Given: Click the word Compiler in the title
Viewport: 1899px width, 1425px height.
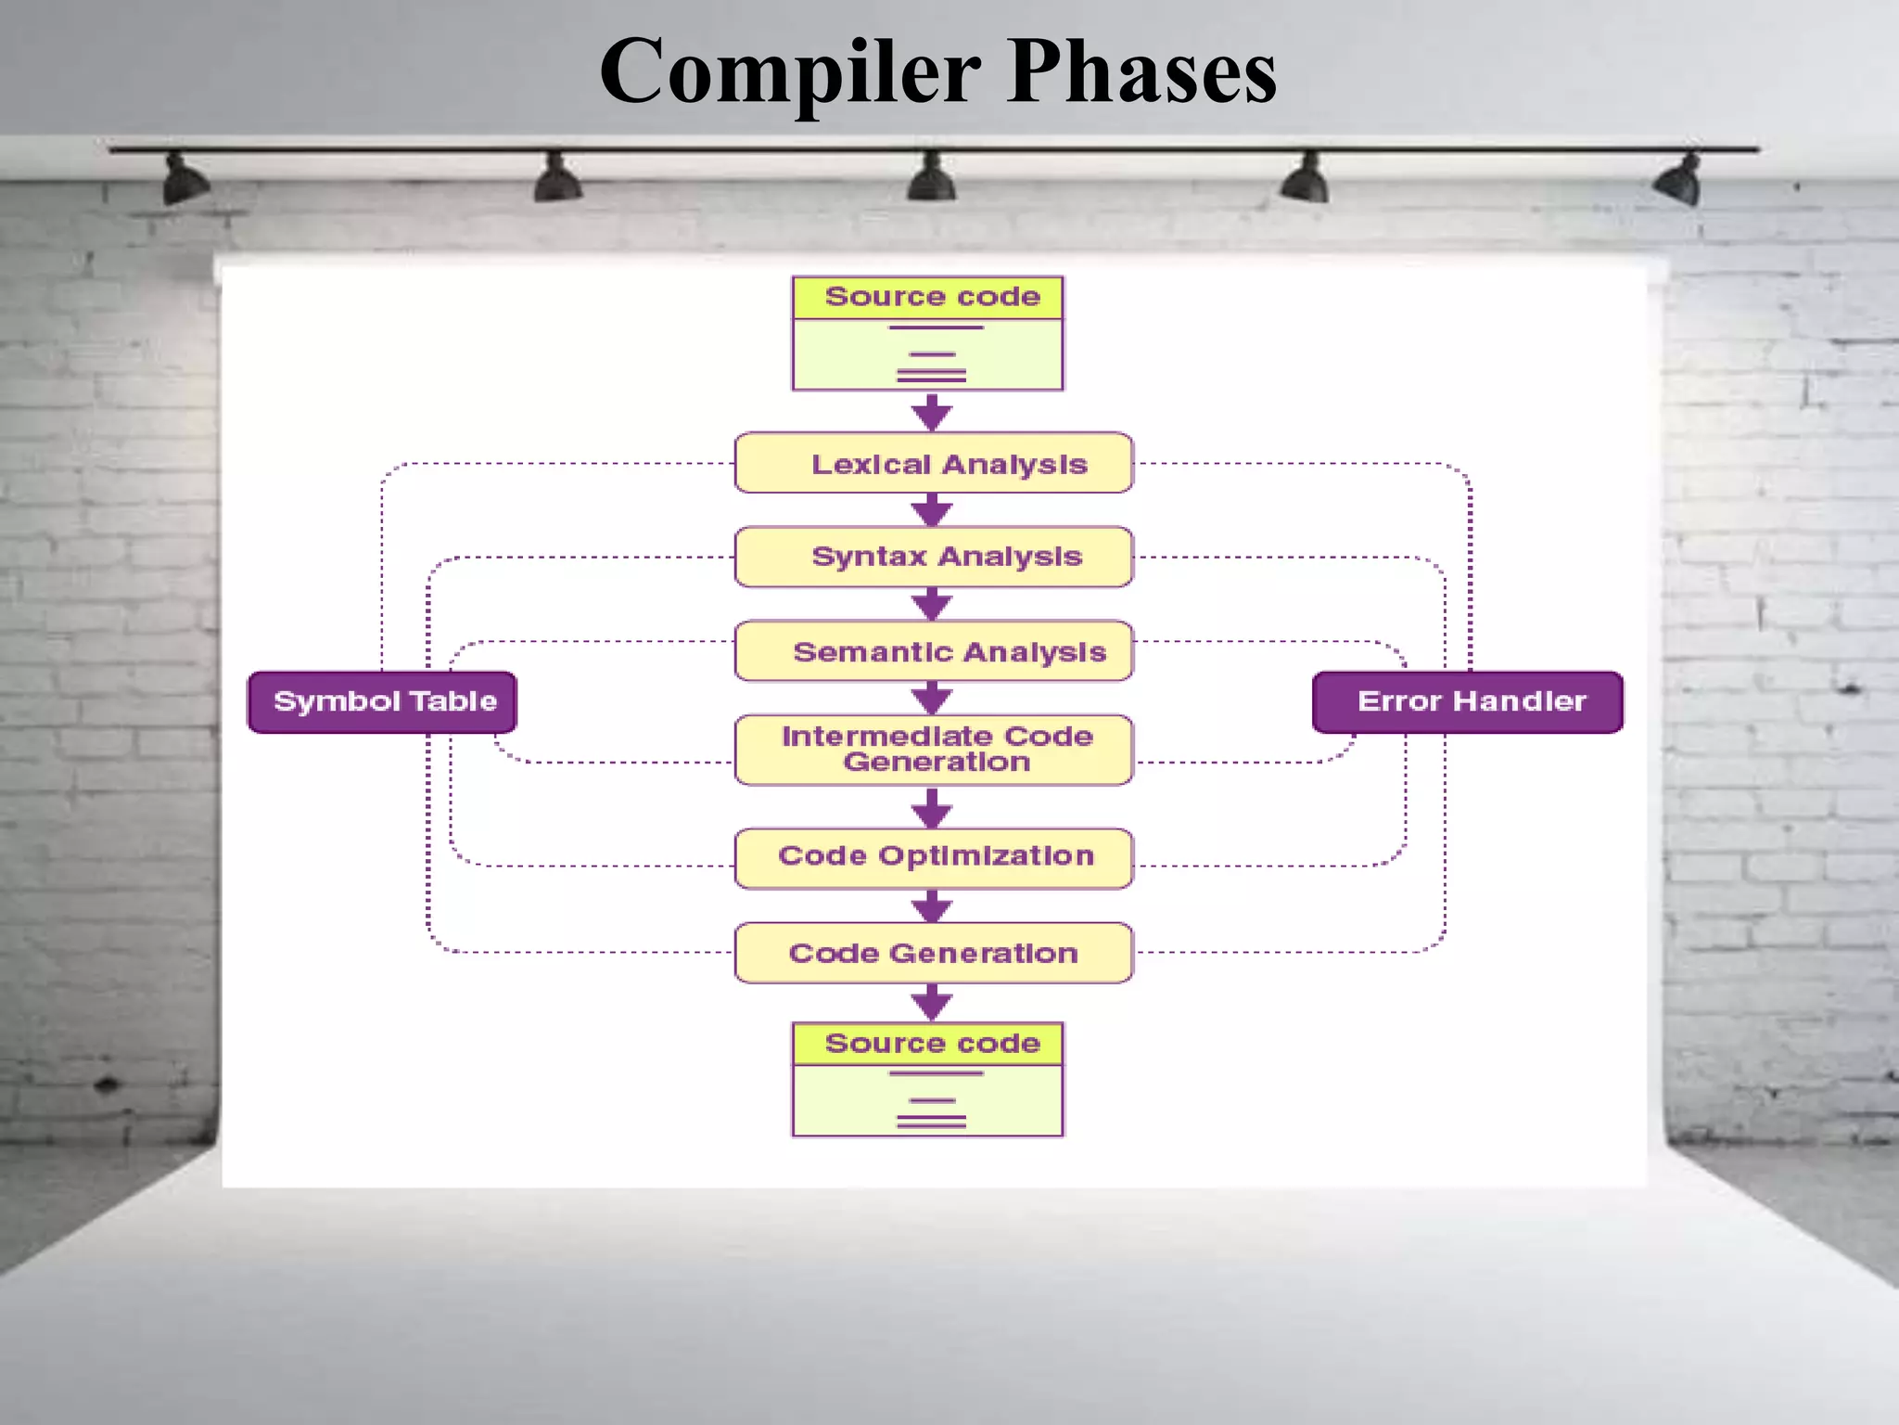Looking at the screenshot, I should [789, 72].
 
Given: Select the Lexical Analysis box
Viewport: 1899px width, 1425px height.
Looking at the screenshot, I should [933, 463].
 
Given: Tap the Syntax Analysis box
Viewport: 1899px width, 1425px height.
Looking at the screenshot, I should [933, 557].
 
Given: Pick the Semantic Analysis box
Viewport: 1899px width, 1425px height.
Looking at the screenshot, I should [933, 651].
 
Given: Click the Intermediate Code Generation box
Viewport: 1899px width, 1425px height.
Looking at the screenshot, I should [933, 750].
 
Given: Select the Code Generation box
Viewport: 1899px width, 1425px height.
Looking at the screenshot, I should [933, 953].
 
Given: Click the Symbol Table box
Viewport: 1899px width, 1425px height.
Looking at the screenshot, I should [382, 702].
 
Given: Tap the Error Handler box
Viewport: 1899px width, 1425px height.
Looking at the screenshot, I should [1468, 702].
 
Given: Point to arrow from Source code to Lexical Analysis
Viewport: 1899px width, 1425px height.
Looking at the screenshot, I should [932, 412].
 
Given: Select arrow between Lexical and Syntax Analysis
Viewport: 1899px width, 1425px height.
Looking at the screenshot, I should [932, 509].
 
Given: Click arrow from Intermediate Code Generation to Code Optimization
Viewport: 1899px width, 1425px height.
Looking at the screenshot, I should [932, 808].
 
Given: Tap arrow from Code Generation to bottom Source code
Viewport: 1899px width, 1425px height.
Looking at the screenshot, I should [932, 1003].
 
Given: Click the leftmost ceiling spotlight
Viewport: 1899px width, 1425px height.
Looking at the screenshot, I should [184, 181].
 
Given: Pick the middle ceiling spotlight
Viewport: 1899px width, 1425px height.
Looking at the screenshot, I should [931, 178].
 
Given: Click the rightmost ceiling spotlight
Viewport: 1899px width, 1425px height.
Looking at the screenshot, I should [1680, 180].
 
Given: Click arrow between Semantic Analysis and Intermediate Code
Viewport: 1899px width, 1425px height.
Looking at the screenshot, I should [932, 698].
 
